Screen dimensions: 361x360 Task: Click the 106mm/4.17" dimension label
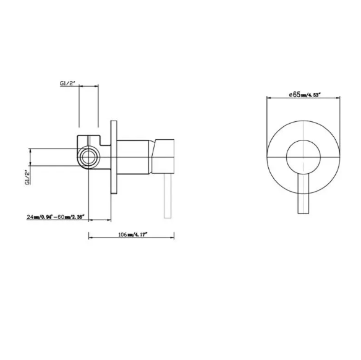(133, 234)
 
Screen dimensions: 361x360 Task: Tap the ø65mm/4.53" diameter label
(305, 95)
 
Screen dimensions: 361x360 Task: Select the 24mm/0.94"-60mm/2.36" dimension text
(56, 216)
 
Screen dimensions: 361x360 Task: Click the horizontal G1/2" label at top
(68, 83)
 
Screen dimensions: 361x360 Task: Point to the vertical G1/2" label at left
(27, 177)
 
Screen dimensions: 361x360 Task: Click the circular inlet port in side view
(88, 157)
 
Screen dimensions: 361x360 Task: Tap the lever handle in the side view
(168, 196)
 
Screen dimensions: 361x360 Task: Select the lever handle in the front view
(304, 194)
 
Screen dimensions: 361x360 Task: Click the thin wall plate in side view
(114, 157)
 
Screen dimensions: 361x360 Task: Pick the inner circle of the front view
(304, 140)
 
